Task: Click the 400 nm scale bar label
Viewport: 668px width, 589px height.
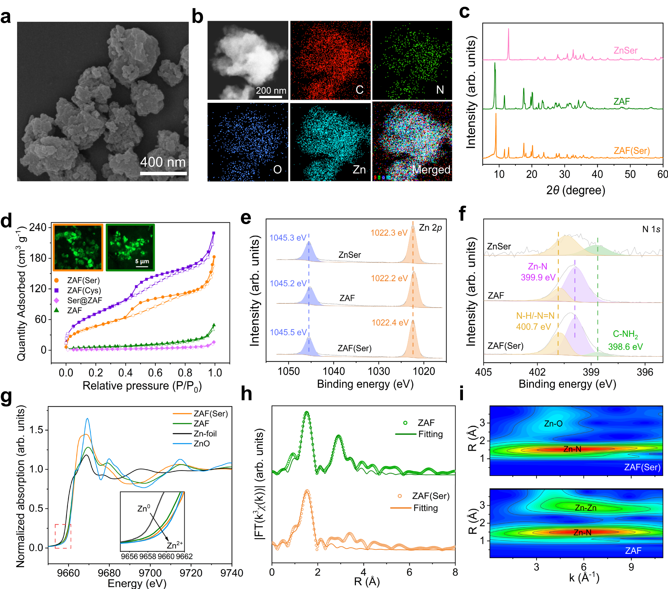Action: [x=163, y=162]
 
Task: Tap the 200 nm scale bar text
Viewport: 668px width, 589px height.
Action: [x=271, y=90]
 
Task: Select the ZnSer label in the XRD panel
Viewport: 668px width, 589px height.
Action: [x=625, y=51]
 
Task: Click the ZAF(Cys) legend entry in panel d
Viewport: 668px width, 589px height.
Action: [x=84, y=290]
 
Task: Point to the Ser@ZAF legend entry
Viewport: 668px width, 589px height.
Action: [x=84, y=300]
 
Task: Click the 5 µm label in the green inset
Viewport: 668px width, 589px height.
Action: [x=142, y=261]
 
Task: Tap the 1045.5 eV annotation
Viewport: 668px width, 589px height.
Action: [x=288, y=332]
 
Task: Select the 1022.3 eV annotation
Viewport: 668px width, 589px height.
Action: [x=389, y=233]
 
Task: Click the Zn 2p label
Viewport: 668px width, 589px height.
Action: [x=430, y=228]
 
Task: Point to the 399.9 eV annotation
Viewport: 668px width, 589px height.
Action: [x=538, y=277]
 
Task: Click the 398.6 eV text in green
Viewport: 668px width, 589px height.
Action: [x=625, y=347]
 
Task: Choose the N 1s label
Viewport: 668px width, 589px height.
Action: [x=651, y=229]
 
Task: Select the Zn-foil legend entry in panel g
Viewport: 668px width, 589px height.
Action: [x=205, y=434]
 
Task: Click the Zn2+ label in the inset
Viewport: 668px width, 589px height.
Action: [x=175, y=545]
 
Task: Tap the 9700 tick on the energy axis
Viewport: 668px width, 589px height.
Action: [x=150, y=573]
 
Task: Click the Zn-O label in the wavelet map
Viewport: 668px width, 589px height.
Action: [x=553, y=424]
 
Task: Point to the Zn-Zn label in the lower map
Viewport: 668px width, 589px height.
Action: [x=585, y=508]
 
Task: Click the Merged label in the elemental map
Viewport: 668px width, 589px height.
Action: [x=431, y=170]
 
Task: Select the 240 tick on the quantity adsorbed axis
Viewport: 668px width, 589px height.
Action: [x=38, y=227]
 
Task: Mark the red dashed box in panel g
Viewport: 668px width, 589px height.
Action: [x=63, y=536]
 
